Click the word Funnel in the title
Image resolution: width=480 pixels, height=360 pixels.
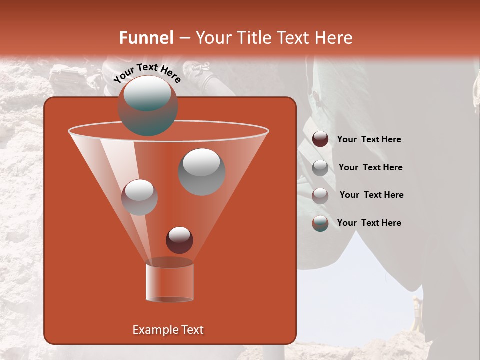click(x=146, y=38)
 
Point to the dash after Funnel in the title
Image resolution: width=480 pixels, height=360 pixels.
click(x=184, y=38)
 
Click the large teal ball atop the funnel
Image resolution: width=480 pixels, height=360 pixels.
click(x=147, y=106)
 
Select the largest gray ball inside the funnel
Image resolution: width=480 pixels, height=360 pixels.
click(x=201, y=172)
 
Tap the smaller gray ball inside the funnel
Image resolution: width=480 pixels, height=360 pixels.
click(x=139, y=197)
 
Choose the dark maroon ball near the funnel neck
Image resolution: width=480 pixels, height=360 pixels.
click(x=179, y=240)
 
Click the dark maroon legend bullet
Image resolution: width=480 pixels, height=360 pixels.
click(x=320, y=139)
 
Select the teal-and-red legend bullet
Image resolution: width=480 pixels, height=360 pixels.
click(x=320, y=223)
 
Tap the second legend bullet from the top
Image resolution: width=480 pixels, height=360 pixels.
click(x=320, y=168)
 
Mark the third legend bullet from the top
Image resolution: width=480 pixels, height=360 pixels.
click(x=320, y=195)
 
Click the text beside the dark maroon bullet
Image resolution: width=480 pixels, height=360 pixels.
click(x=369, y=140)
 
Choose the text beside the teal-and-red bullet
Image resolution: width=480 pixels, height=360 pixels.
click(x=369, y=223)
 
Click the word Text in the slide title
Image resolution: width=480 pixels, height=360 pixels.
click(x=294, y=38)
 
